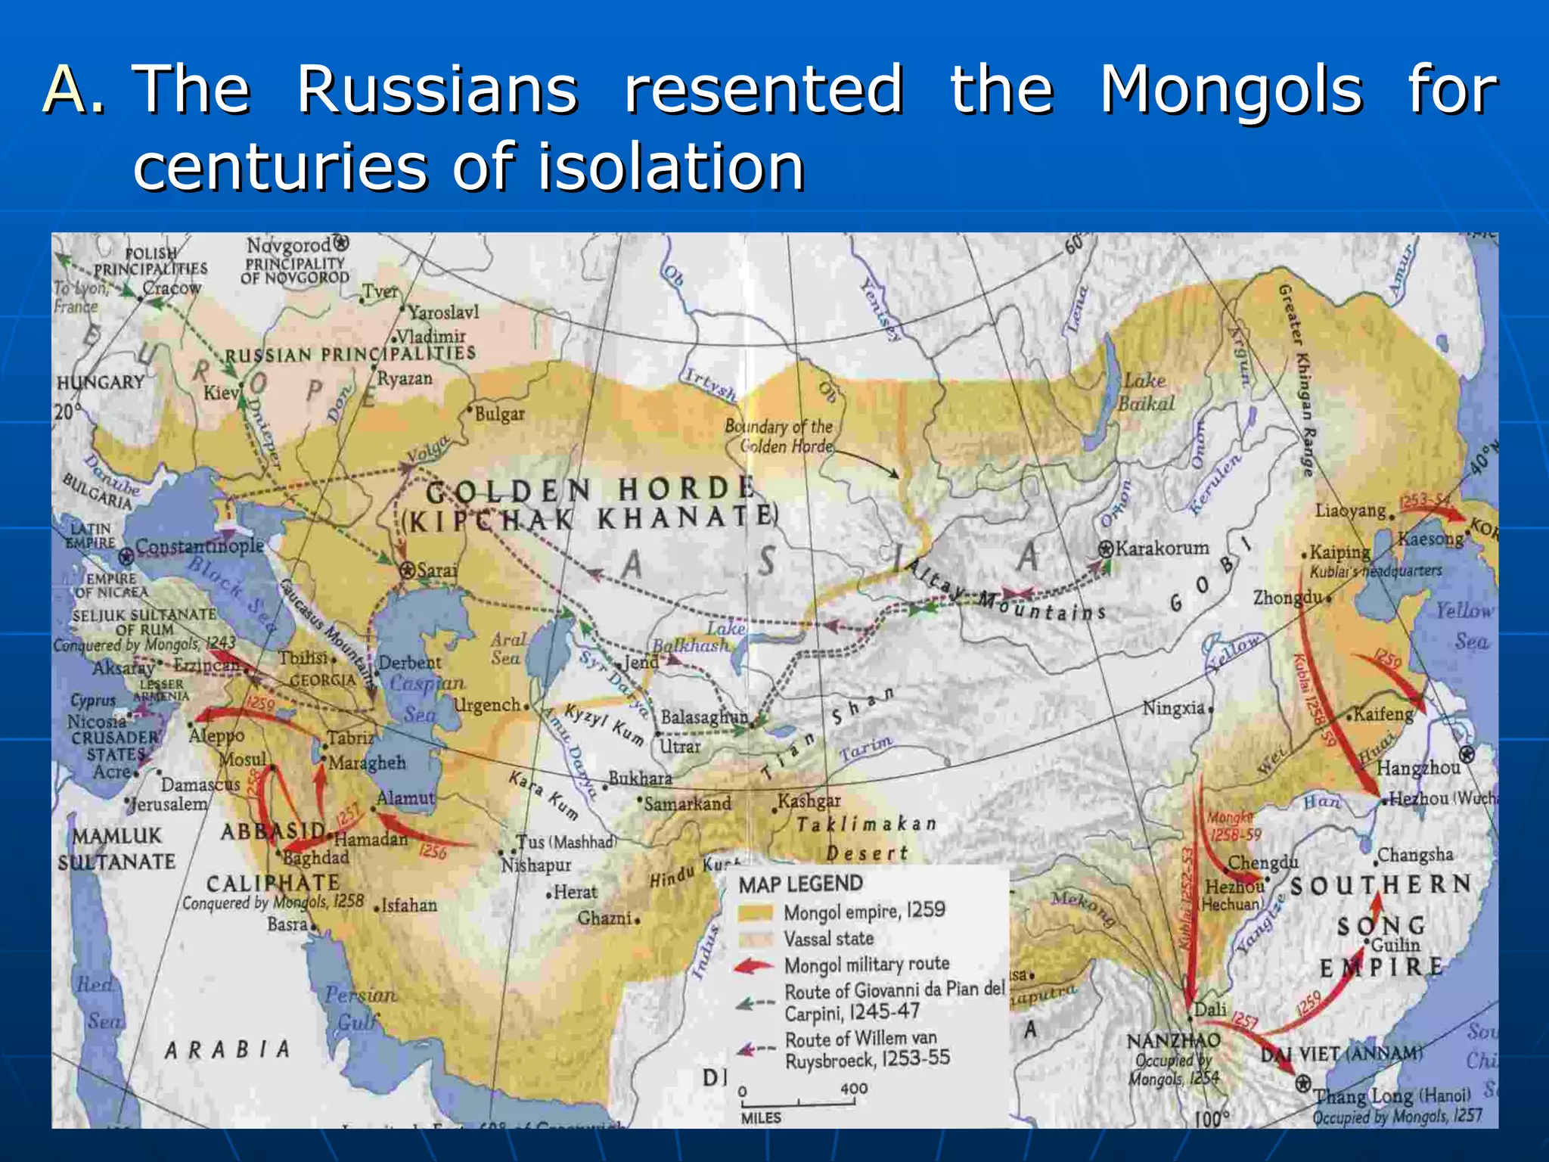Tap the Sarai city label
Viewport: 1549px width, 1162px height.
[436, 570]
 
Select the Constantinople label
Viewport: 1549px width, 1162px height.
[199, 546]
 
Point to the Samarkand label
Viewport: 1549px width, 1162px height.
[687, 803]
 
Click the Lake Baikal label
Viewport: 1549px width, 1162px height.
[1146, 392]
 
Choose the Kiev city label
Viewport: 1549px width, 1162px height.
[221, 393]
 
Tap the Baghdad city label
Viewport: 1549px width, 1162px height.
[316, 858]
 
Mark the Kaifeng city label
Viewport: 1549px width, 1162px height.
[1383, 714]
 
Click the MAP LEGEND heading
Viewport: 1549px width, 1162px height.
[800, 884]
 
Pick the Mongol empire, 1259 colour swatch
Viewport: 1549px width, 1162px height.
[756, 912]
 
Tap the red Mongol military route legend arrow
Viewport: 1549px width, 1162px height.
[755, 966]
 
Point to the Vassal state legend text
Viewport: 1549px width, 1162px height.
[828, 939]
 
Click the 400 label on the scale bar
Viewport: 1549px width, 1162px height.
[854, 1089]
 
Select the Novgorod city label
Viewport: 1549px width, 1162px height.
[288, 245]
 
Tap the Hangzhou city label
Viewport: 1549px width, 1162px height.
[1418, 768]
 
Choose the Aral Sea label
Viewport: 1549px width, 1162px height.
[506, 649]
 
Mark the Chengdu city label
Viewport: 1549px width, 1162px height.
[1262, 863]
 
